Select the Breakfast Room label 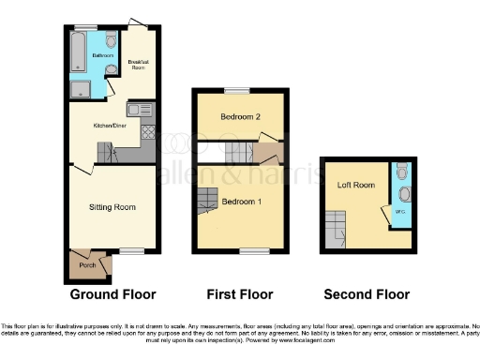[138, 65]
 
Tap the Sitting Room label [112, 206]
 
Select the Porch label [88, 265]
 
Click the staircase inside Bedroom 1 [207, 199]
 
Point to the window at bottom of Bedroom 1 [252, 250]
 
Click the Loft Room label [356, 185]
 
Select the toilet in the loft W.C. [402, 171]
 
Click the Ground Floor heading [112, 293]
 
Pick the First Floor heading [238, 293]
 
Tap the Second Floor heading [367, 293]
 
